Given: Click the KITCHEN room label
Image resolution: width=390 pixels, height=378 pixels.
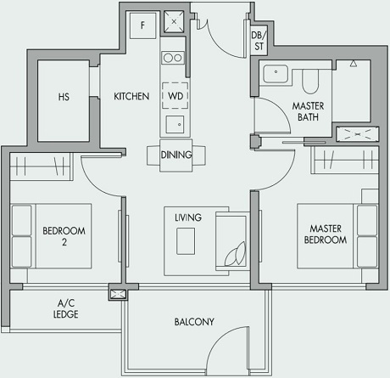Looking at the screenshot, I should (x=131, y=97).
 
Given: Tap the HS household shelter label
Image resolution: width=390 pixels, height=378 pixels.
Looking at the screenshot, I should (x=64, y=97).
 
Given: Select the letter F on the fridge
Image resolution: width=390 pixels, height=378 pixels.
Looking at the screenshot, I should (x=143, y=25).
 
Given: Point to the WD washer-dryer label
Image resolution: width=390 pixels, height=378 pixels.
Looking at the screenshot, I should (x=174, y=97).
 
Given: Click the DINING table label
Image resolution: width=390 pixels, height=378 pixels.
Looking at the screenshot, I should (x=176, y=155).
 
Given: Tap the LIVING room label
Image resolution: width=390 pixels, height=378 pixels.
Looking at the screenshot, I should (x=188, y=217).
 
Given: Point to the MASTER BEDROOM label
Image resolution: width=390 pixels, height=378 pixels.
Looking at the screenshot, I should (x=327, y=234).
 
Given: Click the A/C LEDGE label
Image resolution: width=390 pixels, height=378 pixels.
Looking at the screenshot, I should (x=65, y=308).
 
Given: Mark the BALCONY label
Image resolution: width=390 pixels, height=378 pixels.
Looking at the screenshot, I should (x=194, y=322).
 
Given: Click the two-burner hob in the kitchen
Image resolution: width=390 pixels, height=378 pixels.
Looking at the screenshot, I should (x=173, y=58).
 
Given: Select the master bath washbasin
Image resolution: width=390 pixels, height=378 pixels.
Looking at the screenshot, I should (x=274, y=74).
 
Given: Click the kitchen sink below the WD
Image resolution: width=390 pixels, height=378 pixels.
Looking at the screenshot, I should (x=174, y=124).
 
